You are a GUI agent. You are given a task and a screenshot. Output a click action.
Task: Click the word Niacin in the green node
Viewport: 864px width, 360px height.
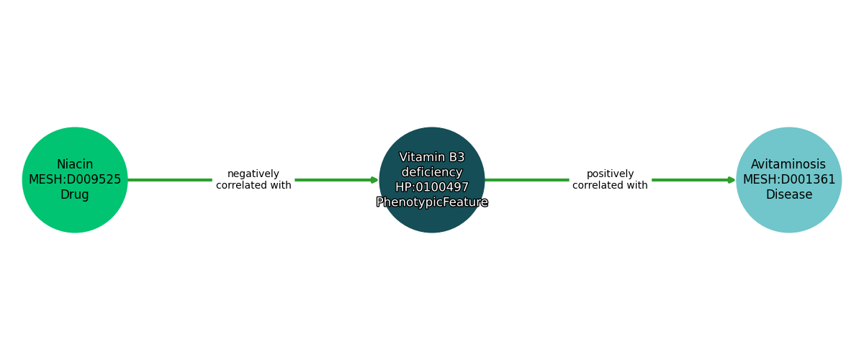75,165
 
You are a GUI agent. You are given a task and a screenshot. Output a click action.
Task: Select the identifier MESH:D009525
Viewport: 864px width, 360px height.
75,180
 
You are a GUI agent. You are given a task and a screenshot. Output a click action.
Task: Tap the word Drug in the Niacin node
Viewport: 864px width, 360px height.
75,195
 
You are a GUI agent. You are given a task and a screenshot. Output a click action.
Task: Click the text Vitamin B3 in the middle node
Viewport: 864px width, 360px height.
432,158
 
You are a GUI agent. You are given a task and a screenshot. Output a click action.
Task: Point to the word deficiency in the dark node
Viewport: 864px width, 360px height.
432,172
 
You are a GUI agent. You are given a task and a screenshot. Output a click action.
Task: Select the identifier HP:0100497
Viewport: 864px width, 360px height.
432,187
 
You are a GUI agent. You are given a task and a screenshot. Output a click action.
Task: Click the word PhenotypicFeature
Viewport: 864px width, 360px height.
432,202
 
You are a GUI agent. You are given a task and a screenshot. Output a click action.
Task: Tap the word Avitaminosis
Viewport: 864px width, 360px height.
788,165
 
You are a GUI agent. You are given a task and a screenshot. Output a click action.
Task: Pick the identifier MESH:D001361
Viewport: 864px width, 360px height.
789,180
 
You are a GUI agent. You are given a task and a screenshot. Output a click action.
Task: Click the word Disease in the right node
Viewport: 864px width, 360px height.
789,195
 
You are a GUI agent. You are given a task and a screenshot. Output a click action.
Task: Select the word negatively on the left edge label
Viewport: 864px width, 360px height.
253,174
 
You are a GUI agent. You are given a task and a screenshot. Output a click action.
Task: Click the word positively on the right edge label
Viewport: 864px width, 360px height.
611,174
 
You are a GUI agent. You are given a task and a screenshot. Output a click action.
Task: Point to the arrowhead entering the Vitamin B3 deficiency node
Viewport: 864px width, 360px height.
375,180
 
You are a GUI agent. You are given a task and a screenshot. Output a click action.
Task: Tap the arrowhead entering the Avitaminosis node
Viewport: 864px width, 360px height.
732,180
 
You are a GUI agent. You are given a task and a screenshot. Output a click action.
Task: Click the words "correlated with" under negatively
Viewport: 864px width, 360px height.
253,186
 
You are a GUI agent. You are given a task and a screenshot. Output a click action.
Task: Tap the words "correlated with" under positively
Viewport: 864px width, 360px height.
611,186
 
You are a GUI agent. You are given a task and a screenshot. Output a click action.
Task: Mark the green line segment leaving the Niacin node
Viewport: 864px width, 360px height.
169,180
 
